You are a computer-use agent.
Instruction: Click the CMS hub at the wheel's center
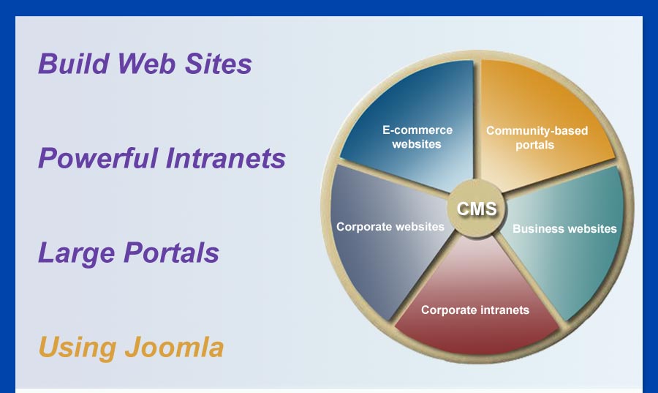coord(476,209)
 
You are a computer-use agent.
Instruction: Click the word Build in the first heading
coord(74,64)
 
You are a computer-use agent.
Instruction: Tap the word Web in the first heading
coord(146,64)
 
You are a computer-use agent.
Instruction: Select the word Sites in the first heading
coord(218,64)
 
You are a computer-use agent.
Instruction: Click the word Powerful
coord(98,158)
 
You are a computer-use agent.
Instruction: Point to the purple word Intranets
coord(226,158)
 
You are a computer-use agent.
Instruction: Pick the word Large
coord(76,253)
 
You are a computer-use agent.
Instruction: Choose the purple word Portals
coord(171,252)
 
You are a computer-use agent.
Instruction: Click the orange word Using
coord(77,348)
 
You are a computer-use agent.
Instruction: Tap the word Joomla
coord(174,347)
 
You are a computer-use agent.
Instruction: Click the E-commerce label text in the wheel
coord(417,130)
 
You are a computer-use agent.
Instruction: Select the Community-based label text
coord(537,130)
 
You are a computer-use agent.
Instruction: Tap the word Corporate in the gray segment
coord(364,227)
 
